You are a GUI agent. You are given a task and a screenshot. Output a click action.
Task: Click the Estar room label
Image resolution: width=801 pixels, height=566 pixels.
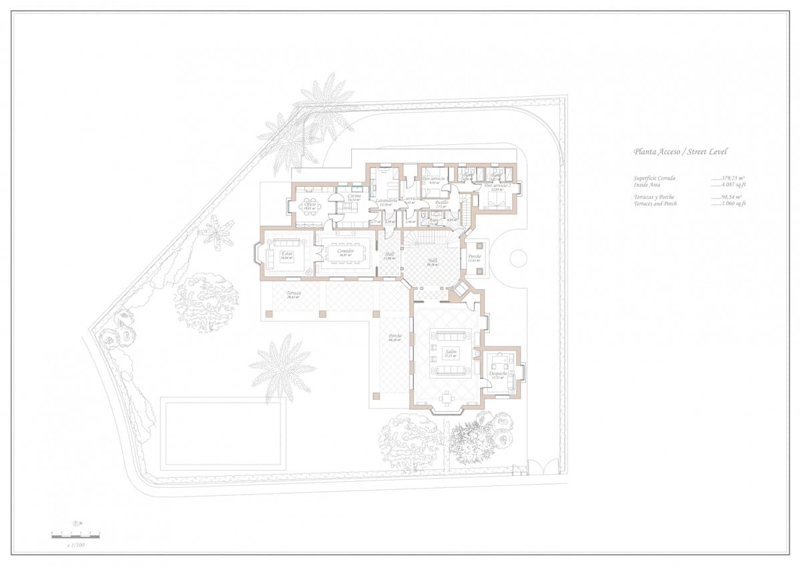(287, 254)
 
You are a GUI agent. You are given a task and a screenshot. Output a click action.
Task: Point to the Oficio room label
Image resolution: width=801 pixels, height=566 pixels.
(310, 204)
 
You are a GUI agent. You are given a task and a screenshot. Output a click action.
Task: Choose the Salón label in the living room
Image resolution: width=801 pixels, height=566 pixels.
(451, 352)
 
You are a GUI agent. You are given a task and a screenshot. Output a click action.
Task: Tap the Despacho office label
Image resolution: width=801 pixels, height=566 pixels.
(498, 374)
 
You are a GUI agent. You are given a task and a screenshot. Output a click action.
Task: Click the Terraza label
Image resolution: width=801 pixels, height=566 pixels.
(294, 294)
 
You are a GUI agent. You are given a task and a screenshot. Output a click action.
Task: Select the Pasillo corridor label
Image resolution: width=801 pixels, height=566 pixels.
(441, 202)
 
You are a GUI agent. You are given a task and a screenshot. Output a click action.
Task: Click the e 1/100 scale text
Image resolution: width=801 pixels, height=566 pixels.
(76, 545)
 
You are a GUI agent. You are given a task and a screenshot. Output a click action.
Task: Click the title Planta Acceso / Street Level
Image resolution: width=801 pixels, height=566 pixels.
(680, 152)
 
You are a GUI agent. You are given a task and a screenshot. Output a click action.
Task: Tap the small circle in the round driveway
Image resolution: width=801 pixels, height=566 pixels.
(519, 257)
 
